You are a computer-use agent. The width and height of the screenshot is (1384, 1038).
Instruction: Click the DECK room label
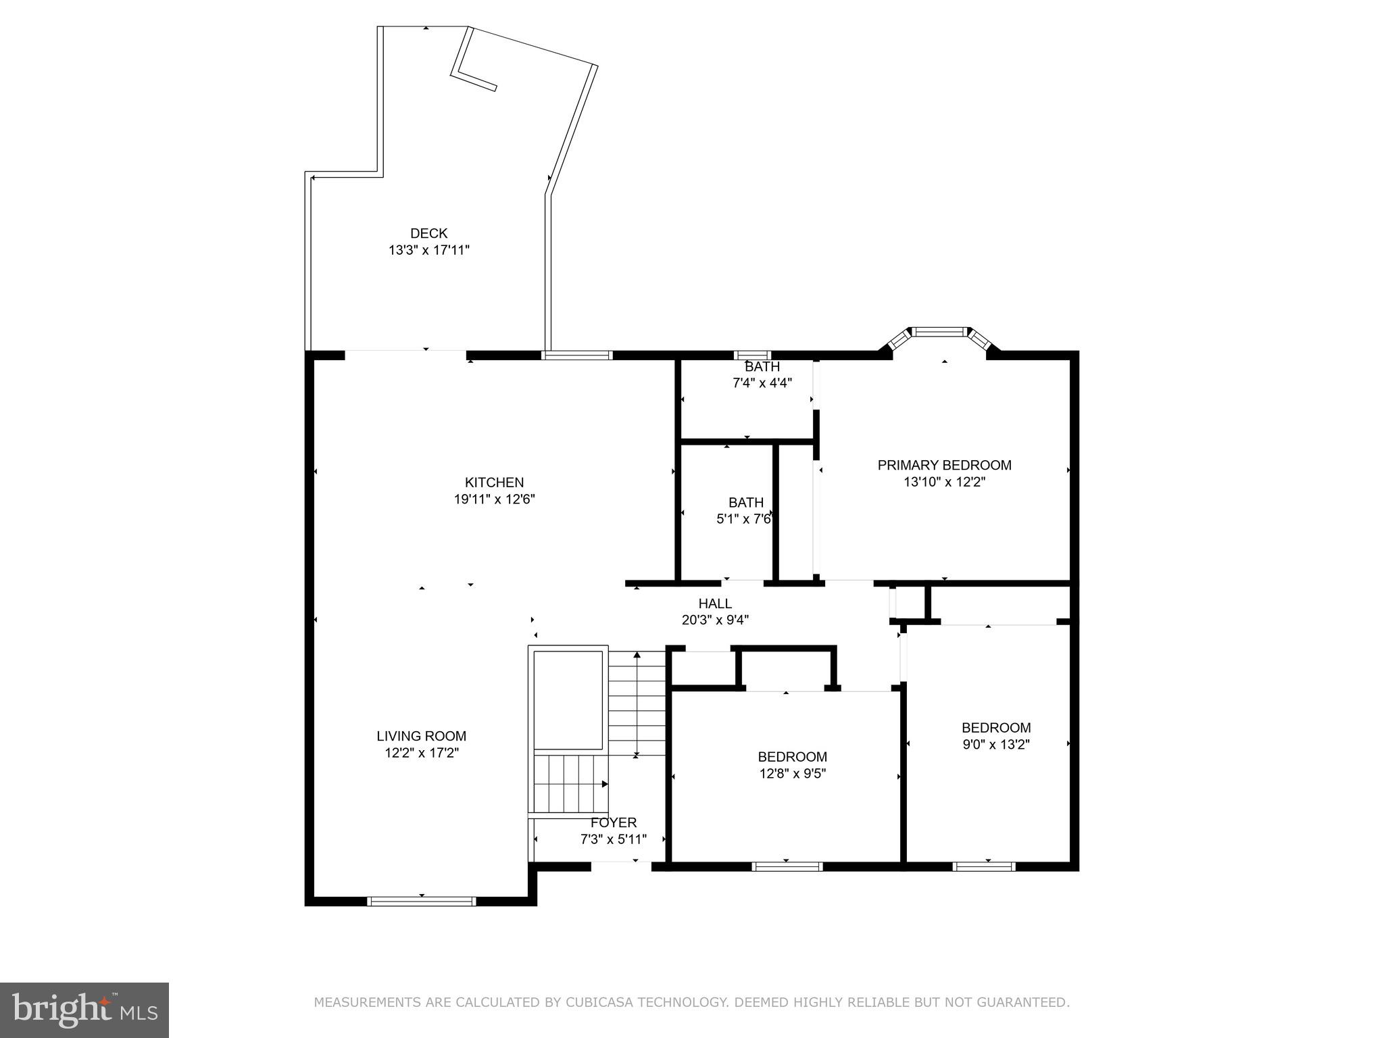tap(428, 233)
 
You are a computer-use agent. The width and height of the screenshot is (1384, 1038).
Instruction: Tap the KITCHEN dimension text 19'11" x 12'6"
tap(494, 499)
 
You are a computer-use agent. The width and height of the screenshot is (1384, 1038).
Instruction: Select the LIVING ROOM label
tap(421, 736)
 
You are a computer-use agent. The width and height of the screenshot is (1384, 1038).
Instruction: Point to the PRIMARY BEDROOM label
tap(944, 465)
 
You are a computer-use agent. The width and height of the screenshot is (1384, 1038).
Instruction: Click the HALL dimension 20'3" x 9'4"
tap(715, 620)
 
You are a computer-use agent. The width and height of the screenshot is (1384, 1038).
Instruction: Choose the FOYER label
tap(614, 822)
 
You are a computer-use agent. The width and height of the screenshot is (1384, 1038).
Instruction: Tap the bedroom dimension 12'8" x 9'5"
tap(792, 773)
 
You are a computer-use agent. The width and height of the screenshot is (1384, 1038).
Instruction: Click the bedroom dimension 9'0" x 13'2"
tap(996, 744)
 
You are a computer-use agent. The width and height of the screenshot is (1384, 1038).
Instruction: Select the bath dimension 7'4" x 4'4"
tap(762, 382)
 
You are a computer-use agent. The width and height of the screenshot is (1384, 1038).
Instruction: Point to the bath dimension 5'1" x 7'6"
tap(743, 519)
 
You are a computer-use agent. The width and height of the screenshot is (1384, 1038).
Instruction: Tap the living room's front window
tap(421, 901)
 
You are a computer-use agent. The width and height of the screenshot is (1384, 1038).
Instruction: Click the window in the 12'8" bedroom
tap(787, 866)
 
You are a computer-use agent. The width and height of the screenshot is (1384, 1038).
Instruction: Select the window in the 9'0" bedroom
tap(984, 866)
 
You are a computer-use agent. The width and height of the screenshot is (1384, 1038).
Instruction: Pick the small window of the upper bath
tap(752, 355)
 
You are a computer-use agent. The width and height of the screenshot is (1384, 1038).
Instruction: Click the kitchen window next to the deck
tap(577, 355)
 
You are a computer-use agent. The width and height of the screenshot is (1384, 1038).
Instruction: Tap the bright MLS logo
tap(84, 1010)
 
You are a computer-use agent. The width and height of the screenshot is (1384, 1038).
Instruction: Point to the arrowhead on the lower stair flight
tap(605, 784)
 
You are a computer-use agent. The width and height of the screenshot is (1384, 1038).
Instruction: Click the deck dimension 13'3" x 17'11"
tap(428, 250)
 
